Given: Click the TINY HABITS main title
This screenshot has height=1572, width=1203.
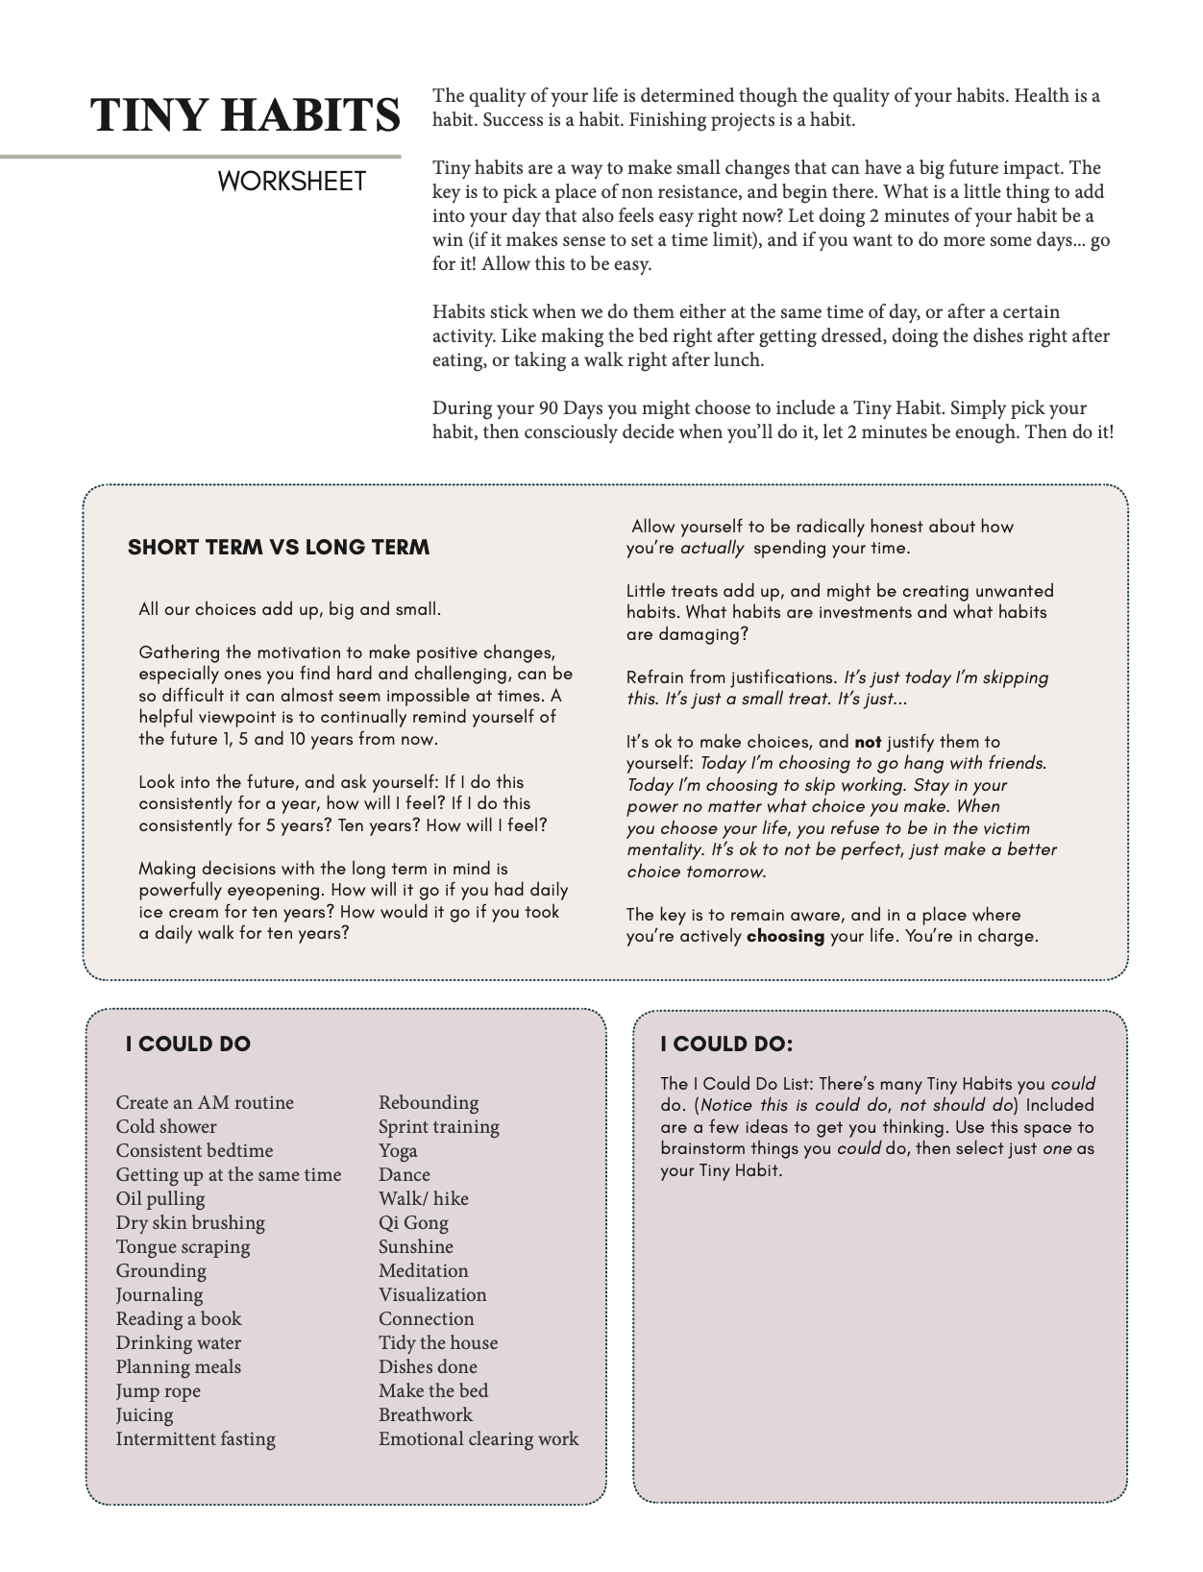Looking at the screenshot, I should click(245, 115).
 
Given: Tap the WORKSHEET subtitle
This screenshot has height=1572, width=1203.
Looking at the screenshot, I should click(291, 182).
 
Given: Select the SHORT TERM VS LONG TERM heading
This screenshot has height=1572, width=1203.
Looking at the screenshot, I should click(279, 548).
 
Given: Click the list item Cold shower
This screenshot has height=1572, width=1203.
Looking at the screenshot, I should click(166, 1126).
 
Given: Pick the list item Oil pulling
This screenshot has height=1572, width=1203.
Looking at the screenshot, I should click(160, 1198).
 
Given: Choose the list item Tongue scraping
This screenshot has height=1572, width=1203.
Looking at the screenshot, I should click(183, 1246).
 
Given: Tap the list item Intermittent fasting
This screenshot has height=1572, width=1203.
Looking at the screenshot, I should click(196, 1438).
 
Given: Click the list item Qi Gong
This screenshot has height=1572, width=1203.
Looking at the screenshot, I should click(413, 1222).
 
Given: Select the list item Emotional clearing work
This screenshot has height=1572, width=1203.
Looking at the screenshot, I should click(479, 1438).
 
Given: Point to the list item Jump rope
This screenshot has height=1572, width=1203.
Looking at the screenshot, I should click(159, 1390).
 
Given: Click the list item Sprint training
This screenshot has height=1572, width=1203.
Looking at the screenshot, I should click(439, 1126).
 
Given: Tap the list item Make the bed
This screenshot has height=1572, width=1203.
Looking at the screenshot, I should click(433, 1390).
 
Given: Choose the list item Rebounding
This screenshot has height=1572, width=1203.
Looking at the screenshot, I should click(429, 1102).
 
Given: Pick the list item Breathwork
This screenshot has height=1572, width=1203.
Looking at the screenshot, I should click(426, 1414).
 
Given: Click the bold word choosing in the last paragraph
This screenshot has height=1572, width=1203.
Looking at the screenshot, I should click(785, 936).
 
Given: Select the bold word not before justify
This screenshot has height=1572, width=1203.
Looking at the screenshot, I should click(868, 742).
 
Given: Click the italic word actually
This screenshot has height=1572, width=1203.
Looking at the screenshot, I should click(712, 549).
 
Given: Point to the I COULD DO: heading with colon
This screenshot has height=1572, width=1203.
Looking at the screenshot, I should click(726, 1044).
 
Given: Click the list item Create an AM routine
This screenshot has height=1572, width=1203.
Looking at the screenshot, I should click(205, 1102).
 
